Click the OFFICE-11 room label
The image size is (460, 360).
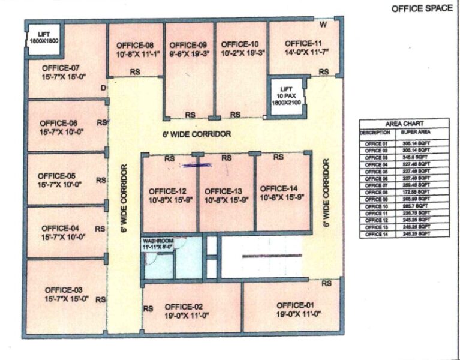(303, 43)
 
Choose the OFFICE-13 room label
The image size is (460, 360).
(223, 189)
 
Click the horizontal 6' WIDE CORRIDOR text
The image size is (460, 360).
(196, 134)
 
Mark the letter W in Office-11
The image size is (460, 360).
(323, 25)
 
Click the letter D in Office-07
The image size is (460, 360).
(103, 88)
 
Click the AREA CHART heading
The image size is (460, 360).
(396, 124)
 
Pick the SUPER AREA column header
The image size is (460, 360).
(415, 131)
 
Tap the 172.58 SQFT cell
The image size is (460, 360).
(416, 193)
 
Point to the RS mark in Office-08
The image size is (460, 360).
(136, 72)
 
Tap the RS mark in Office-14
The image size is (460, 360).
(278, 157)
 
